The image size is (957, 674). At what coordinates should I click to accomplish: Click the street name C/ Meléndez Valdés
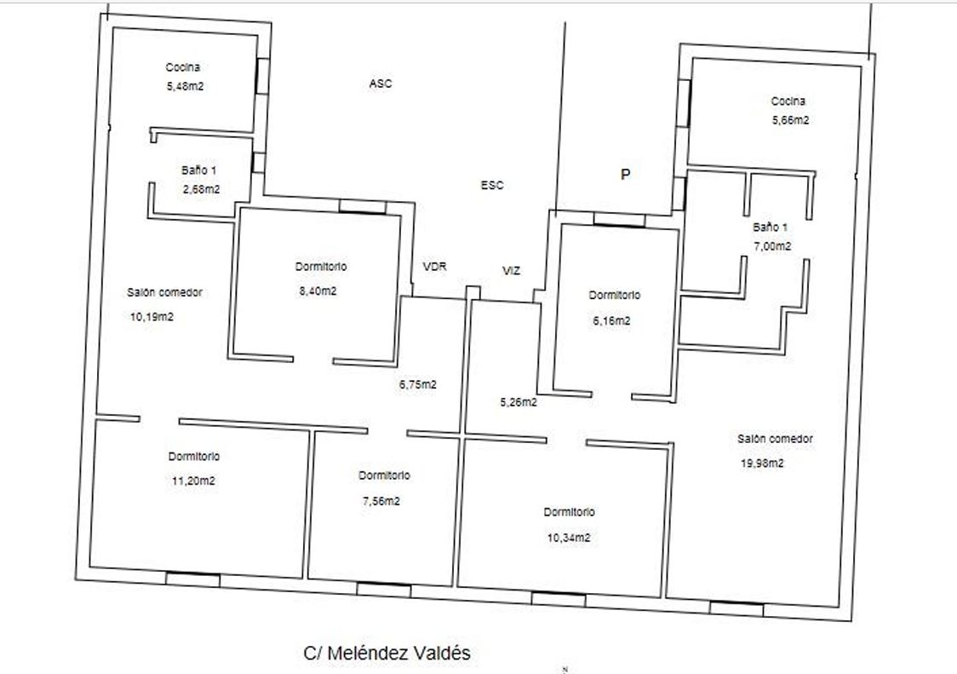click(387, 654)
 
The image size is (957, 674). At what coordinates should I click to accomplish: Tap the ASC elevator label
click(381, 84)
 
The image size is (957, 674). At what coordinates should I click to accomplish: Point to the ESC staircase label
click(492, 185)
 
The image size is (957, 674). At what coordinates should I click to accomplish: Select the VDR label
click(434, 267)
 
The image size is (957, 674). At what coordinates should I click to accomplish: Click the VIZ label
click(511, 271)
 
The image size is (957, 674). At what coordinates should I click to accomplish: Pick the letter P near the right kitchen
click(625, 175)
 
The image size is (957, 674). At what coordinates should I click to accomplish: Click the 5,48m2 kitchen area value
click(185, 87)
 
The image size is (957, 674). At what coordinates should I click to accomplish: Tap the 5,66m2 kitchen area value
click(790, 120)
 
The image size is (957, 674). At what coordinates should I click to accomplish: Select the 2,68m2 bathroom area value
click(201, 189)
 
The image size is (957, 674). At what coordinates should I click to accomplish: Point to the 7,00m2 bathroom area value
click(772, 246)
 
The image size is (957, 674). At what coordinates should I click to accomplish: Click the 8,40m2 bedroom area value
click(318, 291)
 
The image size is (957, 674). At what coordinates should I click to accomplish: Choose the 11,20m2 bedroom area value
click(193, 481)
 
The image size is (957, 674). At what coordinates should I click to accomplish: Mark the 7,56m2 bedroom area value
click(381, 501)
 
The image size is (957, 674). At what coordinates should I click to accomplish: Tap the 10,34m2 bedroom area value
click(569, 538)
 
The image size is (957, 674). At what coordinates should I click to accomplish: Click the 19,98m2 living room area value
click(762, 464)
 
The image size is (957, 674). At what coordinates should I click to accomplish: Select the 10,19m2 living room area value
click(152, 316)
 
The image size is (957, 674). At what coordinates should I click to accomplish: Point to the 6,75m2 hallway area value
click(418, 385)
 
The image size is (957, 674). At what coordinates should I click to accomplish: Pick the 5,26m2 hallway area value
click(519, 402)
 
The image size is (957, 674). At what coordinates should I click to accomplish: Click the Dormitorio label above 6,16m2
click(615, 295)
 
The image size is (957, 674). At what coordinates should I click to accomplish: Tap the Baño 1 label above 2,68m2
click(198, 170)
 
